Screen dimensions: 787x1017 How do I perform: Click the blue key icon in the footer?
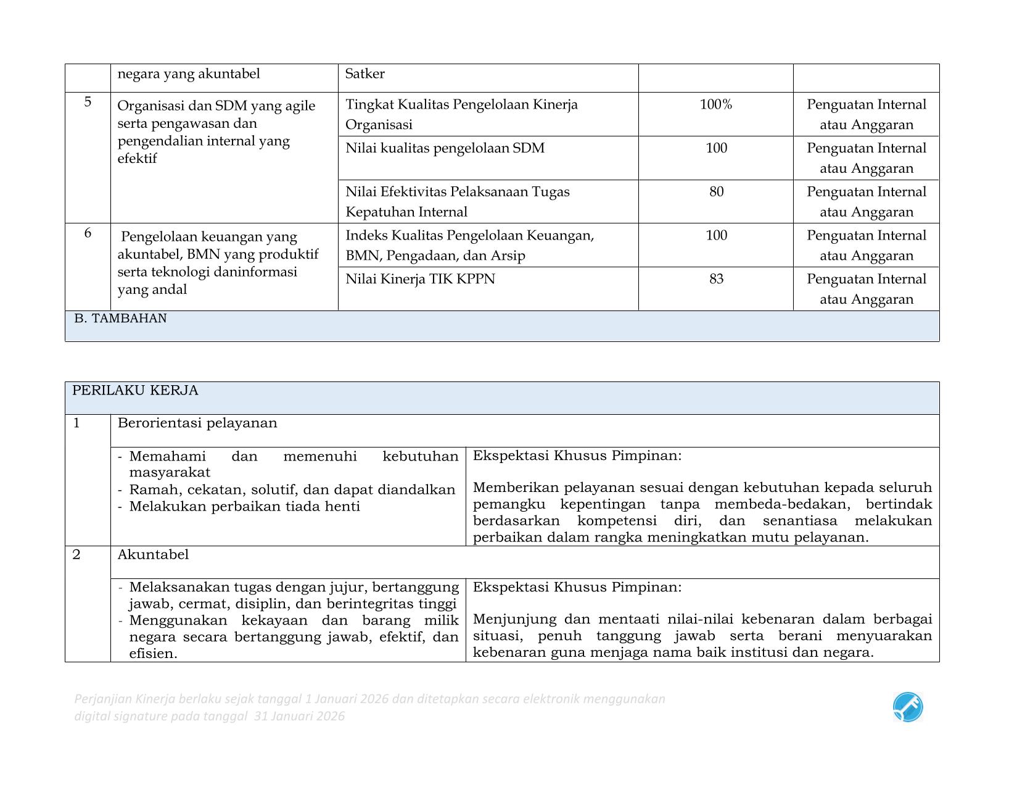click(x=907, y=707)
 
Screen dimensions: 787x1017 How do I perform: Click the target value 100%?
click(x=715, y=105)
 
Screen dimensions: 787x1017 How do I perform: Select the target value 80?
click(x=716, y=192)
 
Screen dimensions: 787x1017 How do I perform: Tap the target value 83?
click(x=716, y=279)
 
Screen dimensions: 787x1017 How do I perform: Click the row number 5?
click(x=88, y=102)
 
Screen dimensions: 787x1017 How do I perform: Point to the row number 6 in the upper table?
click(x=88, y=233)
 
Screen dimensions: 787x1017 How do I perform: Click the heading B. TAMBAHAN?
click(x=120, y=319)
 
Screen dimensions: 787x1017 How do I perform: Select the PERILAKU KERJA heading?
click(x=135, y=391)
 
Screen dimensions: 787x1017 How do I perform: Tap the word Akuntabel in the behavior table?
click(x=153, y=554)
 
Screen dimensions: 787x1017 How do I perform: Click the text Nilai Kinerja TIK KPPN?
click(x=420, y=279)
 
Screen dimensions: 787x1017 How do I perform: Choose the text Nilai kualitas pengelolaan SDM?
click(x=445, y=148)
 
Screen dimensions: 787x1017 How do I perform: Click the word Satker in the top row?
click(x=364, y=74)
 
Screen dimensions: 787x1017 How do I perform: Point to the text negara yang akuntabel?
click(x=189, y=74)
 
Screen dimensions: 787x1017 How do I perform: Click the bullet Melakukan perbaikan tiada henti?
click(x=244, y=507)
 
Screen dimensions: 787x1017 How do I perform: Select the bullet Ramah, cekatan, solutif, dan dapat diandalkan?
click(x=292, y=490)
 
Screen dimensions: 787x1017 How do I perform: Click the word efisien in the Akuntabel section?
click(x=152, y=654)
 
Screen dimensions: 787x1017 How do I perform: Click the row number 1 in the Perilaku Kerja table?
click(x=76, y=423)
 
